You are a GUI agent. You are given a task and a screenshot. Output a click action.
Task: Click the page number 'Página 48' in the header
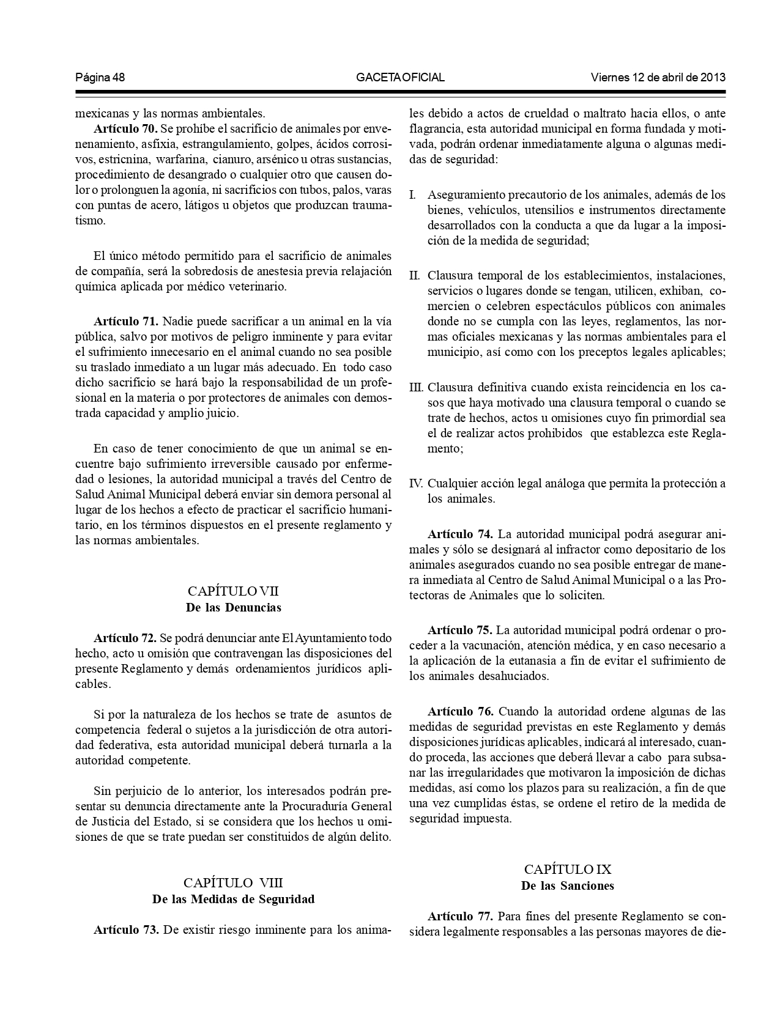tap(100, 78)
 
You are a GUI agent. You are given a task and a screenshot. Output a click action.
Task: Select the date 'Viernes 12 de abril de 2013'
tap(658, 78)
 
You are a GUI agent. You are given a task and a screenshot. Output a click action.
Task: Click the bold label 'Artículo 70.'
tap(125, 129)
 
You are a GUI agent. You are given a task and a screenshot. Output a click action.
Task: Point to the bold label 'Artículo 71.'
tap(125, 322)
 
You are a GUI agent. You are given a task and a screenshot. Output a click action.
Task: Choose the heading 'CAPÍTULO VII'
tap(233, 591)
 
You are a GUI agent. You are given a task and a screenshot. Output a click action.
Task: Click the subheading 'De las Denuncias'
tap(233, 608)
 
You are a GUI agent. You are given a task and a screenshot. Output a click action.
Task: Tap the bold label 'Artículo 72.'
tap(125, 638)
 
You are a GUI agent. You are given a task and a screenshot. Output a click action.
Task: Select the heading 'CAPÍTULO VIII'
tap(233, 883)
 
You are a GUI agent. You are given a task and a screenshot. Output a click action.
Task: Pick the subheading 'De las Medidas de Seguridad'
tap(233, 900)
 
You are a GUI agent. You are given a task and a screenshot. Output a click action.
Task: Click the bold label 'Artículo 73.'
tap(125, 930)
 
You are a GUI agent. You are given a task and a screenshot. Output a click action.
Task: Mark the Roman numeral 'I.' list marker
tap(413, 196)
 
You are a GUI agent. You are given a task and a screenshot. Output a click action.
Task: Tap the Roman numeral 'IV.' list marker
tap(416, 484)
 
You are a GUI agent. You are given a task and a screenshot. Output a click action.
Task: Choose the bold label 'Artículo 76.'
tap(460, 712)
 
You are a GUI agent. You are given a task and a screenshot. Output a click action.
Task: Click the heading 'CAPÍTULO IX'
tap(567, 870)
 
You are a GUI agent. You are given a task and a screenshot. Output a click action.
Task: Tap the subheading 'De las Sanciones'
tap(567, 886)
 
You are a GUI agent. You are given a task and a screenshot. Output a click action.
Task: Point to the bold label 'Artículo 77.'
tap(460, 917)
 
